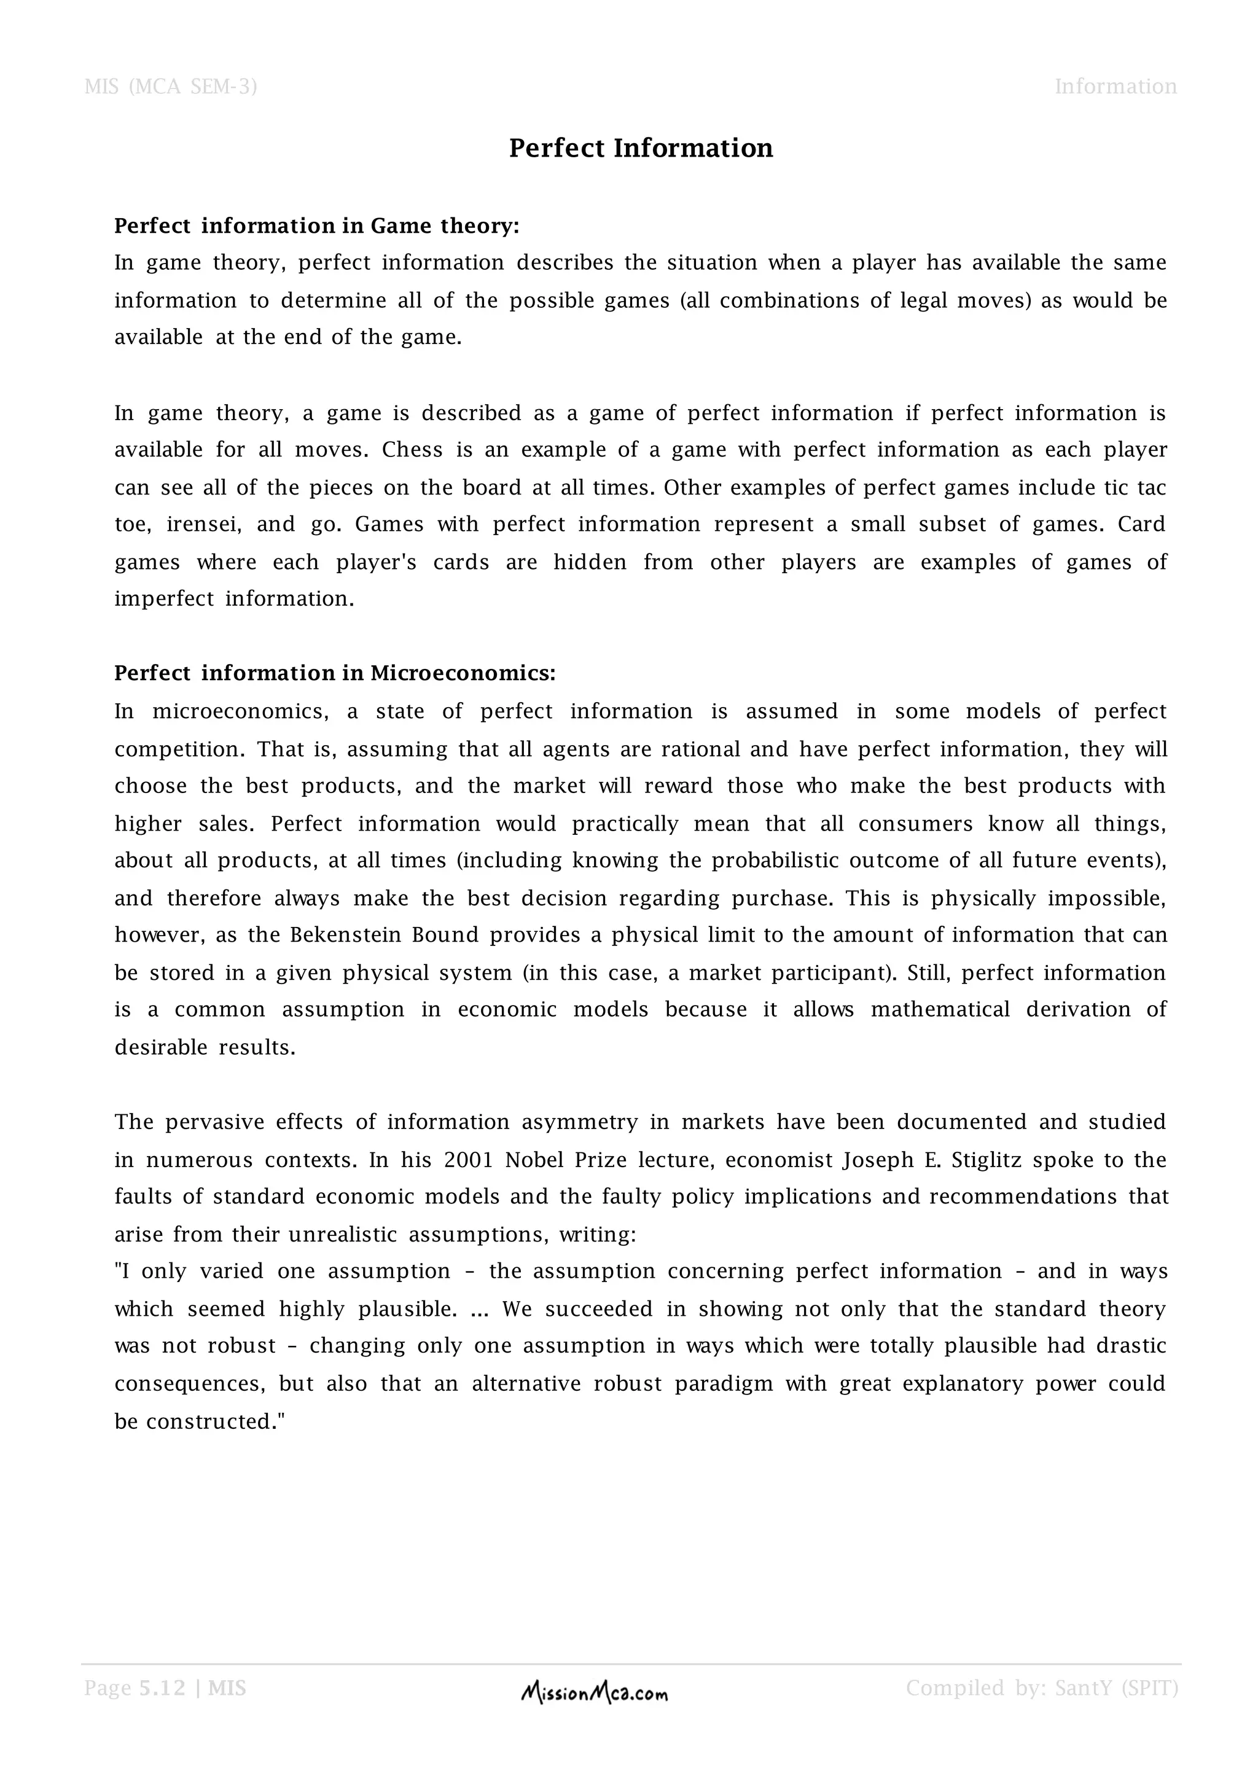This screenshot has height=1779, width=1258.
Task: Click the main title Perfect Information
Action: coord(641,148)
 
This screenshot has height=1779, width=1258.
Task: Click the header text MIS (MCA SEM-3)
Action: coord(170,86)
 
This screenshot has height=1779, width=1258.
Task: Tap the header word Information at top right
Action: coord(1115,86)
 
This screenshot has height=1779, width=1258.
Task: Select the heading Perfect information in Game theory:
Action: coord(317,225)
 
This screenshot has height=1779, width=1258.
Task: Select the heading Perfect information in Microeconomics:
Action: coord(335,673)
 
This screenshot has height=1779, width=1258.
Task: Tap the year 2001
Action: coord(468,1160)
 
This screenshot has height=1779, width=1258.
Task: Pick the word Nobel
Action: coord(534,1160)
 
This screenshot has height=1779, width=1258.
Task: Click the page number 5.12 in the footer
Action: coord(162,1688)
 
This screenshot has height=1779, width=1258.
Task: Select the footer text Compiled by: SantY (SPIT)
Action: coord(1042,1688)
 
